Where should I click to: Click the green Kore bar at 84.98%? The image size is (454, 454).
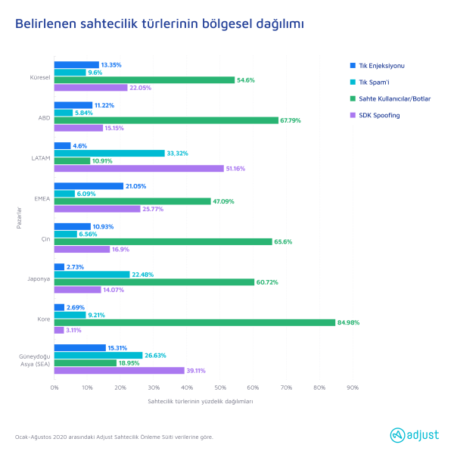click(194, 322)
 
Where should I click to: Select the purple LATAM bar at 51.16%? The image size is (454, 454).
click(138, 169)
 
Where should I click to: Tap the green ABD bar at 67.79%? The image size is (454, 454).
click(166, 120)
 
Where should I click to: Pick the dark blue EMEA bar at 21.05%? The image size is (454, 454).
click(89, 186)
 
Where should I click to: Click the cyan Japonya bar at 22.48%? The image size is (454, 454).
click(92, 274)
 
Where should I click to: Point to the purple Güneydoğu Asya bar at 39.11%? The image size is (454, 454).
click(119, 371)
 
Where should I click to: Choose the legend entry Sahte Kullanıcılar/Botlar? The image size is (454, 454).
click(394, 98)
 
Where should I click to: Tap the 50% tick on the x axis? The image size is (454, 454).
click(219, 387)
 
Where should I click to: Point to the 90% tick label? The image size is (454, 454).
click(352, 387)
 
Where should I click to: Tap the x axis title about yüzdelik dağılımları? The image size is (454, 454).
click(201, 401)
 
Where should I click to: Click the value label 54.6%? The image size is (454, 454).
click(247, 80)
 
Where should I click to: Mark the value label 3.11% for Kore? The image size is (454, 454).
click(73, 331)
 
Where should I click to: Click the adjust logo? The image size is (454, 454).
click(415, 435)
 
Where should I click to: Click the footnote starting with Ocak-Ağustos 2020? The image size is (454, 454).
click(113, 437)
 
